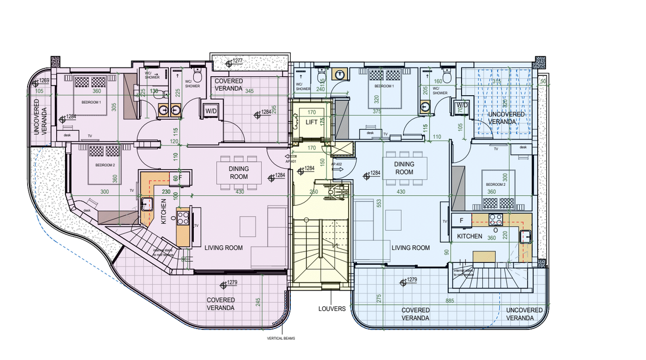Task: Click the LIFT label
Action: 311,122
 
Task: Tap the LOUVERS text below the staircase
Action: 332,309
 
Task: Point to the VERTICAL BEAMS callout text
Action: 281,339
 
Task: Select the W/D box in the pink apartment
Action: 211,111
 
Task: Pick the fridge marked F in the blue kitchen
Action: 462,220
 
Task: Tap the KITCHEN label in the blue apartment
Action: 469,236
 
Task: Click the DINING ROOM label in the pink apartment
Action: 238,173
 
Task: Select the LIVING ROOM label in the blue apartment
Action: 410,248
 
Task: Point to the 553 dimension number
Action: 379,203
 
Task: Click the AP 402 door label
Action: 337,165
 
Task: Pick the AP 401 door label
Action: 290,162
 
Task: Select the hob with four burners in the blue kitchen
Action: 496,220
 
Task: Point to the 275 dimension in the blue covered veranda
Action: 379,299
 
